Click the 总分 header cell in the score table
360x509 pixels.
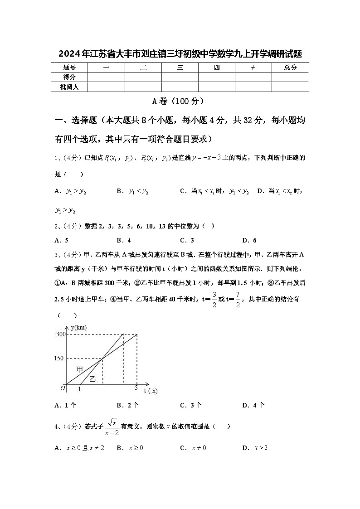pyautogui.click(x=290, y=68)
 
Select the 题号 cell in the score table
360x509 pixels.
pyautogui.click(x=69, y=68)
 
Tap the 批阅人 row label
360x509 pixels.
pyautogui.click(x=69, y=87)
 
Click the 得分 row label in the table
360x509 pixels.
pyautogui.click(x=69, y=77)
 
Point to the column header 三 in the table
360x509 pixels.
pyautogui.click(x=180, y=68)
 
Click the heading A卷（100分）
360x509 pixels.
pyautogui.click(x=180, y=101)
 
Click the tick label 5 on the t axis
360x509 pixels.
pyautogui.click(x=136, y=388)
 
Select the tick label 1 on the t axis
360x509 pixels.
pyautogui.click(x=80, y=389)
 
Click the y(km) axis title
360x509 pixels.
pyautogui.click(x=79, y=327)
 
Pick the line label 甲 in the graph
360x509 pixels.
pyautogui.click(x=80, y=369)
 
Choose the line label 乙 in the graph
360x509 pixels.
pyautogui.click(x=92, y=378)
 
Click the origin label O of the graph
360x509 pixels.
pyautogui.click(x=63, y=388)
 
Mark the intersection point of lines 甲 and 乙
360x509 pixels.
pyautogui.click(x=102, y=359)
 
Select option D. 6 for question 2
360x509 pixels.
pyautogui.click(x=249, y=240)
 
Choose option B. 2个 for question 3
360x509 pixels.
pyautogui.click(x=127, y=405)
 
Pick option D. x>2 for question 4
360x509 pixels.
pyautogui.click(x=255, y=448)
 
